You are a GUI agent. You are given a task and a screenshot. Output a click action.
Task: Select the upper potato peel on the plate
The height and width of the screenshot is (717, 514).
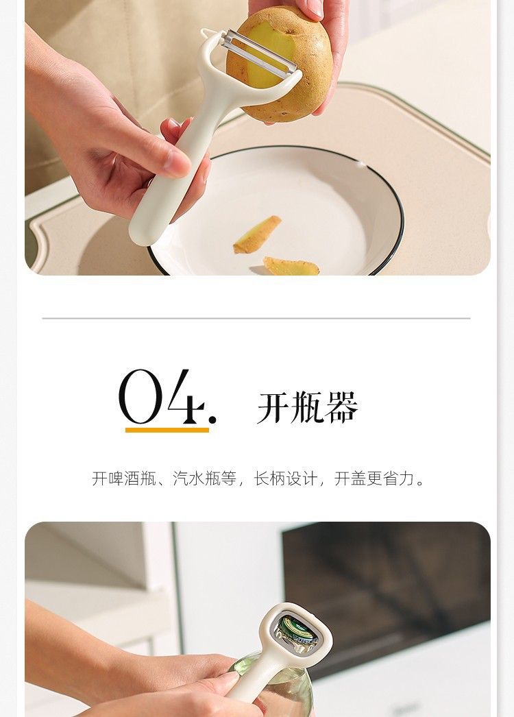(257, 234)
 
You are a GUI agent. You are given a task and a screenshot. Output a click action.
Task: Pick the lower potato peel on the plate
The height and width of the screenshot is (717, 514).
(291, 266)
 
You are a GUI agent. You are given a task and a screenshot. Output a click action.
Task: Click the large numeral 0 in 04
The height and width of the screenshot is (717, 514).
(141, 397)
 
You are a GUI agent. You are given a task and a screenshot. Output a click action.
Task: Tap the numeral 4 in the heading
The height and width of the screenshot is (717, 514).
(185, 396)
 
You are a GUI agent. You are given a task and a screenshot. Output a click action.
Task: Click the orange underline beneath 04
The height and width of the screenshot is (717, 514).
(167, 430)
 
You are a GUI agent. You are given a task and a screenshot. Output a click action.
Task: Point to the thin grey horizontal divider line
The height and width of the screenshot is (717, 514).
(256, 318)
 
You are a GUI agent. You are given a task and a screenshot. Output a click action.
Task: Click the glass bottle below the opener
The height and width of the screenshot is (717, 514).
(274, 686)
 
